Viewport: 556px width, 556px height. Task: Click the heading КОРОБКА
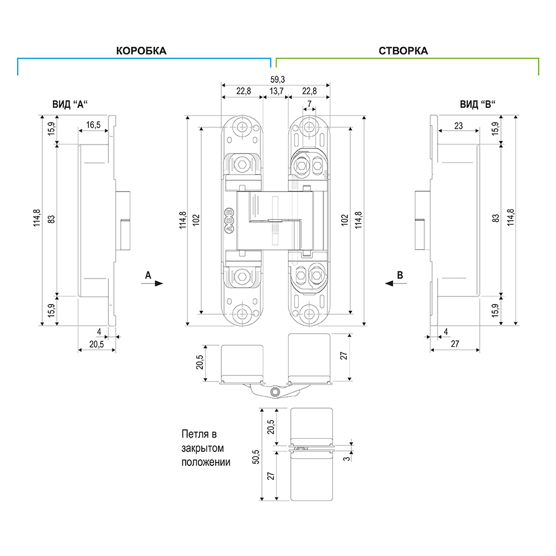click(x=141, y=51)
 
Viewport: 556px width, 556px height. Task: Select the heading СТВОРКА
click(x=403, y=51)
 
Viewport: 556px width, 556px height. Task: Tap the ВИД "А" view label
click(x=70, y=104)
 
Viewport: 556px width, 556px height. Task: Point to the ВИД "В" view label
click(x=478, y=104)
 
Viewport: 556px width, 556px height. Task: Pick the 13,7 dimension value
click(x=276, y=92)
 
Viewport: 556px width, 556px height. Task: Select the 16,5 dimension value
click(x=93, y=125)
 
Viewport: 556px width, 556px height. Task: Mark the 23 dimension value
click(x=458, y=126)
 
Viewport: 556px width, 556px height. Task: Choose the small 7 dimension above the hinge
click(x=309, y=103)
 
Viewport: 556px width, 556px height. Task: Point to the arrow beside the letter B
click(x=390, y=283)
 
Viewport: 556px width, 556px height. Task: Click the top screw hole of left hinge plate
click(x=242, y=126)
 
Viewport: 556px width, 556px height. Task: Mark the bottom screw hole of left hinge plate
click(x=242, y=313)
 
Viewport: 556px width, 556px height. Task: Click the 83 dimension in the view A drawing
click(x=51, y=219)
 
